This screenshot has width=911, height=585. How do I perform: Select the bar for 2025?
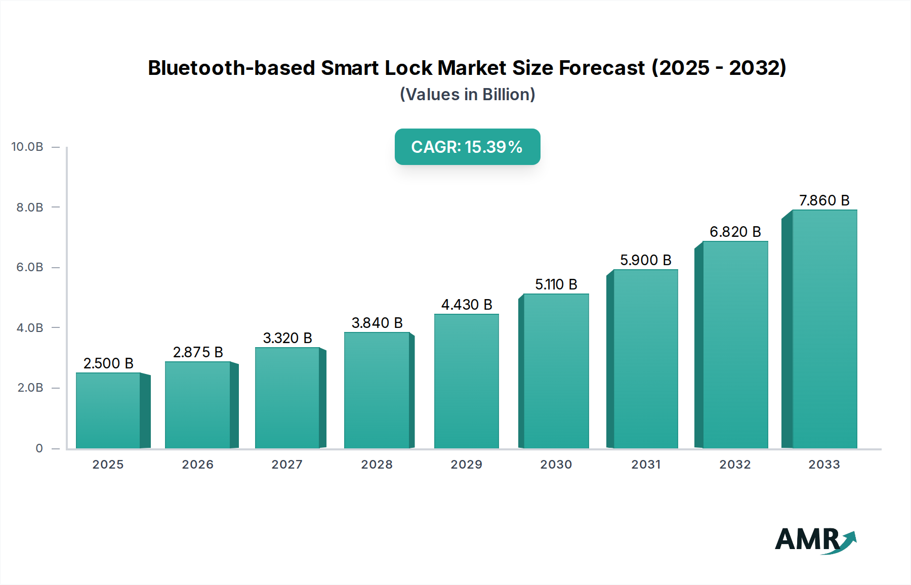[108, 410]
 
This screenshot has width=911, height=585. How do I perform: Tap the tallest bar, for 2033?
[824, 329]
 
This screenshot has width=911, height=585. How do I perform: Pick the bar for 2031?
[645, 359]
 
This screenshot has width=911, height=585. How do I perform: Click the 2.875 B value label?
[198, 352]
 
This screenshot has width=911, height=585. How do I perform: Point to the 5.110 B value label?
[556, 284]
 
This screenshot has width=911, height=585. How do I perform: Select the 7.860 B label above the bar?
[824, 200]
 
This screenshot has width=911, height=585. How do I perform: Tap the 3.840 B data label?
[377, 323]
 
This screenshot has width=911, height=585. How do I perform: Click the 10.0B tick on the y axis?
[27, 147]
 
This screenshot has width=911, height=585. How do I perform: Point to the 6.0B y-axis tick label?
[30, 267]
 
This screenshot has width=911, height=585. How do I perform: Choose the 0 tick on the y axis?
[39, 448]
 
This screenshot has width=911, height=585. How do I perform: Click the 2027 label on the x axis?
[287, 465]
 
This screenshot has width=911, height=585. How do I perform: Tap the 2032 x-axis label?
[735, 465]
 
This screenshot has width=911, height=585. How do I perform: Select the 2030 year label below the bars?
[556, 465]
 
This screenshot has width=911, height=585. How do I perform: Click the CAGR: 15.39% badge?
[467, 147]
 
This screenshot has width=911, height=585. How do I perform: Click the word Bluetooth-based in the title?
[231, 68]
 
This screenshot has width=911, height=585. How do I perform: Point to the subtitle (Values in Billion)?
[467, 95]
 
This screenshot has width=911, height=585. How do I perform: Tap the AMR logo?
[815, 540]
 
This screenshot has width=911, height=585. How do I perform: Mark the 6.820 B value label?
[735, 232]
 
